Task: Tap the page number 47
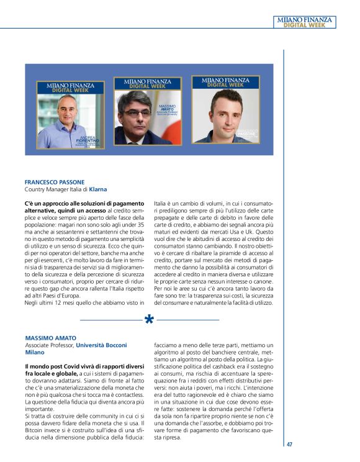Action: click(x=290, y=444)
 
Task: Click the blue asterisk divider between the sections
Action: click(x=150, y=320)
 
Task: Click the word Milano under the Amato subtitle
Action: click(x=36, y=352)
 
